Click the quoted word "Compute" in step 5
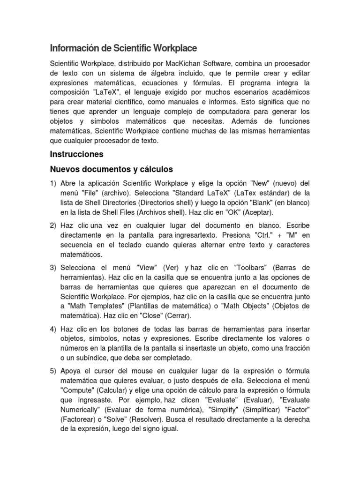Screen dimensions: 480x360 click(x=76, y=390)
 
